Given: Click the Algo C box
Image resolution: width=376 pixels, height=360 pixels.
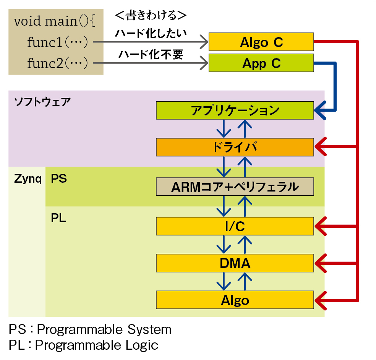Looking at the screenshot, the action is pyautogui.click(x=261, y=42).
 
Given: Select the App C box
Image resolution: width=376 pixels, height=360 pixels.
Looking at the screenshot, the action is pyautogui.click(x=261, y=63).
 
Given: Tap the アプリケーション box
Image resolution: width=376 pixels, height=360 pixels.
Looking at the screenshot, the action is pyautogui.click(x=235, y=110).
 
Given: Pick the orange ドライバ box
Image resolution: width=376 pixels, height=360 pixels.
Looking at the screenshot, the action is pyautogui.click(x=235, y=147).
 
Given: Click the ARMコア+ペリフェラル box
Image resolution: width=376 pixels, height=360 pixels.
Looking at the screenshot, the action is pyautogui.click(x=235, y=186).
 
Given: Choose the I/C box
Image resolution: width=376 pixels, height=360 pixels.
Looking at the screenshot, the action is pyautogui.click(x=235, y=226).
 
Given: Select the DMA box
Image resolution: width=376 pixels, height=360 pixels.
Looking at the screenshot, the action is pyautogui.click(x=235, y=263).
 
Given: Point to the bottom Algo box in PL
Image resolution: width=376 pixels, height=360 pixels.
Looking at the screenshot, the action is pyautogui.click(x=235, y=300).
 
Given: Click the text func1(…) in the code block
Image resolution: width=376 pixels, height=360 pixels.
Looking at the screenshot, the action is pyautogui.click(x=58, y=42).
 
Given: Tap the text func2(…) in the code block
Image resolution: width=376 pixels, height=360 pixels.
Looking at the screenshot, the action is pyautogui.click(x=58, y=63).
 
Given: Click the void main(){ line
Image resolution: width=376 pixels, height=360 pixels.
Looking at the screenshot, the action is pyautogui.click(x=55, y=21).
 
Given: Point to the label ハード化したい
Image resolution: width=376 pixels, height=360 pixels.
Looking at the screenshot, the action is pyautogui.click(x=151, y=33).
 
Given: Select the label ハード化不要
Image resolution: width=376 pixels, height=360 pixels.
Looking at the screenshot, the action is pyautogui.click(x=151, y=54).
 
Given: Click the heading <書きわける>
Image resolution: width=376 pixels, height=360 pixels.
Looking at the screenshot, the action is pyautogui.click(x=151, y=15).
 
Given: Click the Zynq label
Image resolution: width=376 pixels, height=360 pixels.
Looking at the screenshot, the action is pyautogui.click(x=28, y=179).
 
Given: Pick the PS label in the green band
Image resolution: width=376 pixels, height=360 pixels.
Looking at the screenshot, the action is pyautogui.click(x=59, y=178).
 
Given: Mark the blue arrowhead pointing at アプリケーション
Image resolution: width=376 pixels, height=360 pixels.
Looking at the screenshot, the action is pyautogui.click(x=320, y=110).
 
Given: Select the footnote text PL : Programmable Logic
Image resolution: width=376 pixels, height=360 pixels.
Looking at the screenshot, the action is pyautogui.click(x=83, y=345).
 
